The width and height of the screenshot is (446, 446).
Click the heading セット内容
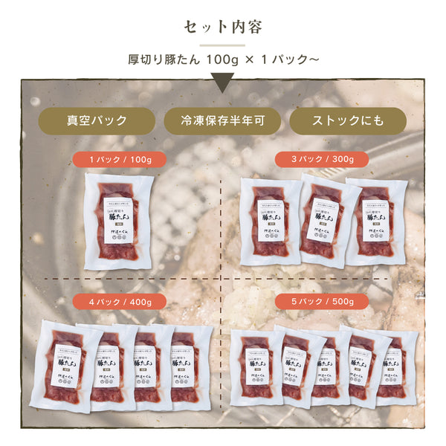click(x=222, y=27)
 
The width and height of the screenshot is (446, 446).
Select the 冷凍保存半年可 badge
click(x=222, y=120)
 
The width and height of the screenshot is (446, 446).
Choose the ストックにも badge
click(x=347, y=120)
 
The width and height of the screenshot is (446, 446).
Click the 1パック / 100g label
click(x=120, y=159)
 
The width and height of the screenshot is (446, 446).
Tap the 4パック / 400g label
click(x=120, y=302)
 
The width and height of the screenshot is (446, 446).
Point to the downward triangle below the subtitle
click(x=223, y=83)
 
